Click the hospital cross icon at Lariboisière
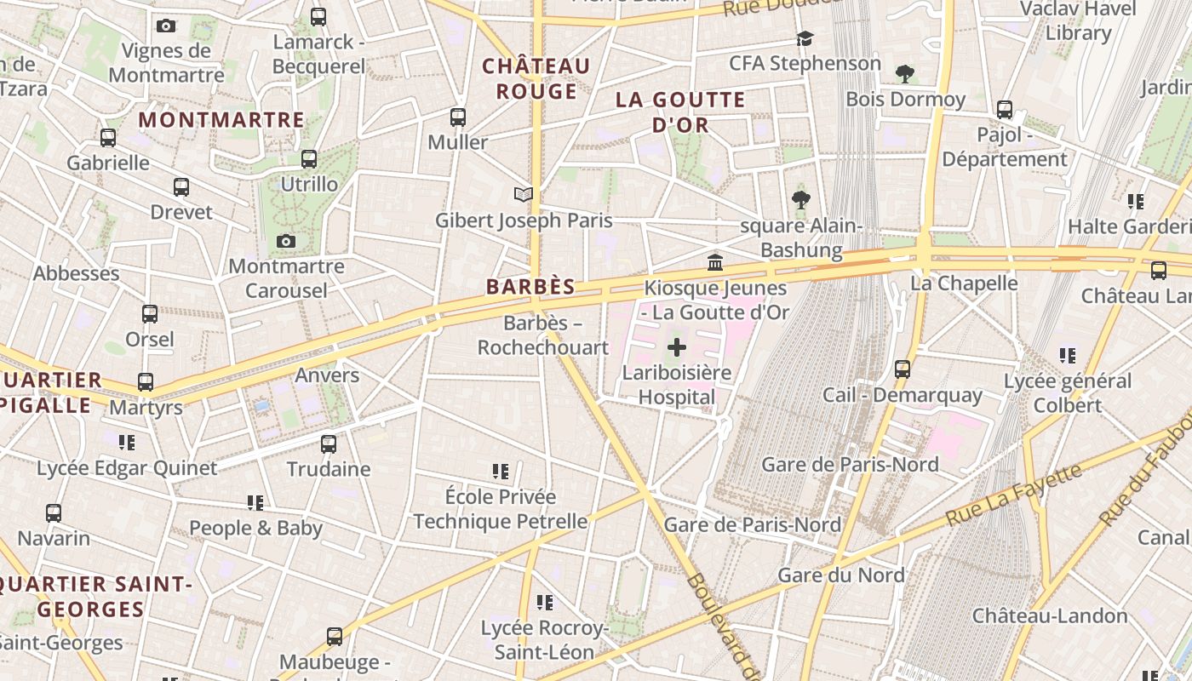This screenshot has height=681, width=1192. pos(677,347)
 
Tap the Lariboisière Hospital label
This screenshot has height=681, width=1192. pos(677,385)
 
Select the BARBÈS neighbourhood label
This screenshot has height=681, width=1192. pos(530,287)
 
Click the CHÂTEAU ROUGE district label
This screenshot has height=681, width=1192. pos(536,78)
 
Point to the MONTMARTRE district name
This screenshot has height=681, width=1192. pos(221,120)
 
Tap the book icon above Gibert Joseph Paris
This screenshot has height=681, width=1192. pos(524,195)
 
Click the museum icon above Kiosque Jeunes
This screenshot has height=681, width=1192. pos(715,261)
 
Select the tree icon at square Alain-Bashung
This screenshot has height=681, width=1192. pos(800,200)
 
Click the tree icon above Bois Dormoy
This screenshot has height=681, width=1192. pos(905,74)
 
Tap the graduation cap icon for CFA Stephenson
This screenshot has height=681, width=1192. pos(805,38)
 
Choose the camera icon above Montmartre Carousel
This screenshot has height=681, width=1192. pos(286,242)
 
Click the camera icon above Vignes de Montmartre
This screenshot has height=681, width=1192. pos(166,26)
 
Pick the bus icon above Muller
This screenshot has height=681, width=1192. pos(458,117)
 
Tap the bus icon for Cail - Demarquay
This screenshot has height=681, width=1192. pos(903,369)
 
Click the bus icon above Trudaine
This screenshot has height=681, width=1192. pos(329,444)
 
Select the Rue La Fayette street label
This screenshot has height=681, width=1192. pos(1012,495)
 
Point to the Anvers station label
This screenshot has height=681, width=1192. pos(327,375)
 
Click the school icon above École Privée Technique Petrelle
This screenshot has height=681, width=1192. pos(501,471)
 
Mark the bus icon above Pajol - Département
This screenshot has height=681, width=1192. pos(1005,109)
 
